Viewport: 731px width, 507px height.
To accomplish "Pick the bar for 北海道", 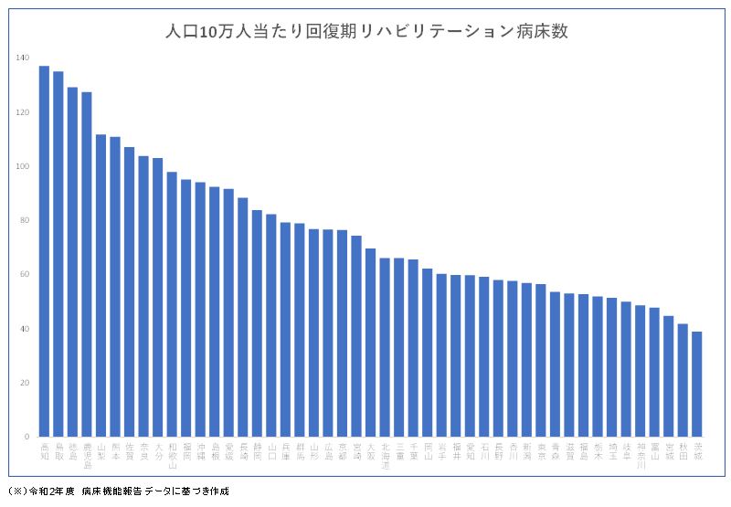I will click(385, 347).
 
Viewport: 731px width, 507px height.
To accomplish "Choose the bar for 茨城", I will click(697, 384).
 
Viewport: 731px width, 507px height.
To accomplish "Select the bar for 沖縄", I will click(200, 310).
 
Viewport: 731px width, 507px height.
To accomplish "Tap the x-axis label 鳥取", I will click(58, 449).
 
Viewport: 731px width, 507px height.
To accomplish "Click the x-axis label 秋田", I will click(683, 449).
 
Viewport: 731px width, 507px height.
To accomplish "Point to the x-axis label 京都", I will click(342, 449).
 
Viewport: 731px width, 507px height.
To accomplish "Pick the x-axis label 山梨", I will click(101, 449).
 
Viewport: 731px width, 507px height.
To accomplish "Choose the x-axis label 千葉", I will click(413, 449).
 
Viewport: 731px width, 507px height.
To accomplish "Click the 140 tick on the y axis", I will click(22, 58).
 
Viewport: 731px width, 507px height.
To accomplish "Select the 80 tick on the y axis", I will click(24, 220).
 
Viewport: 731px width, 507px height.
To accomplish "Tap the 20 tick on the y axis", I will click(24, 383).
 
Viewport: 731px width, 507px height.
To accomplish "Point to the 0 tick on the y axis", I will click(26, 437).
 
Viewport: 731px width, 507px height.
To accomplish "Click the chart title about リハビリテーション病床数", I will click(365, 31).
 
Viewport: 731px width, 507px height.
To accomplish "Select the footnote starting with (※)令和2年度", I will click(119, 491).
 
